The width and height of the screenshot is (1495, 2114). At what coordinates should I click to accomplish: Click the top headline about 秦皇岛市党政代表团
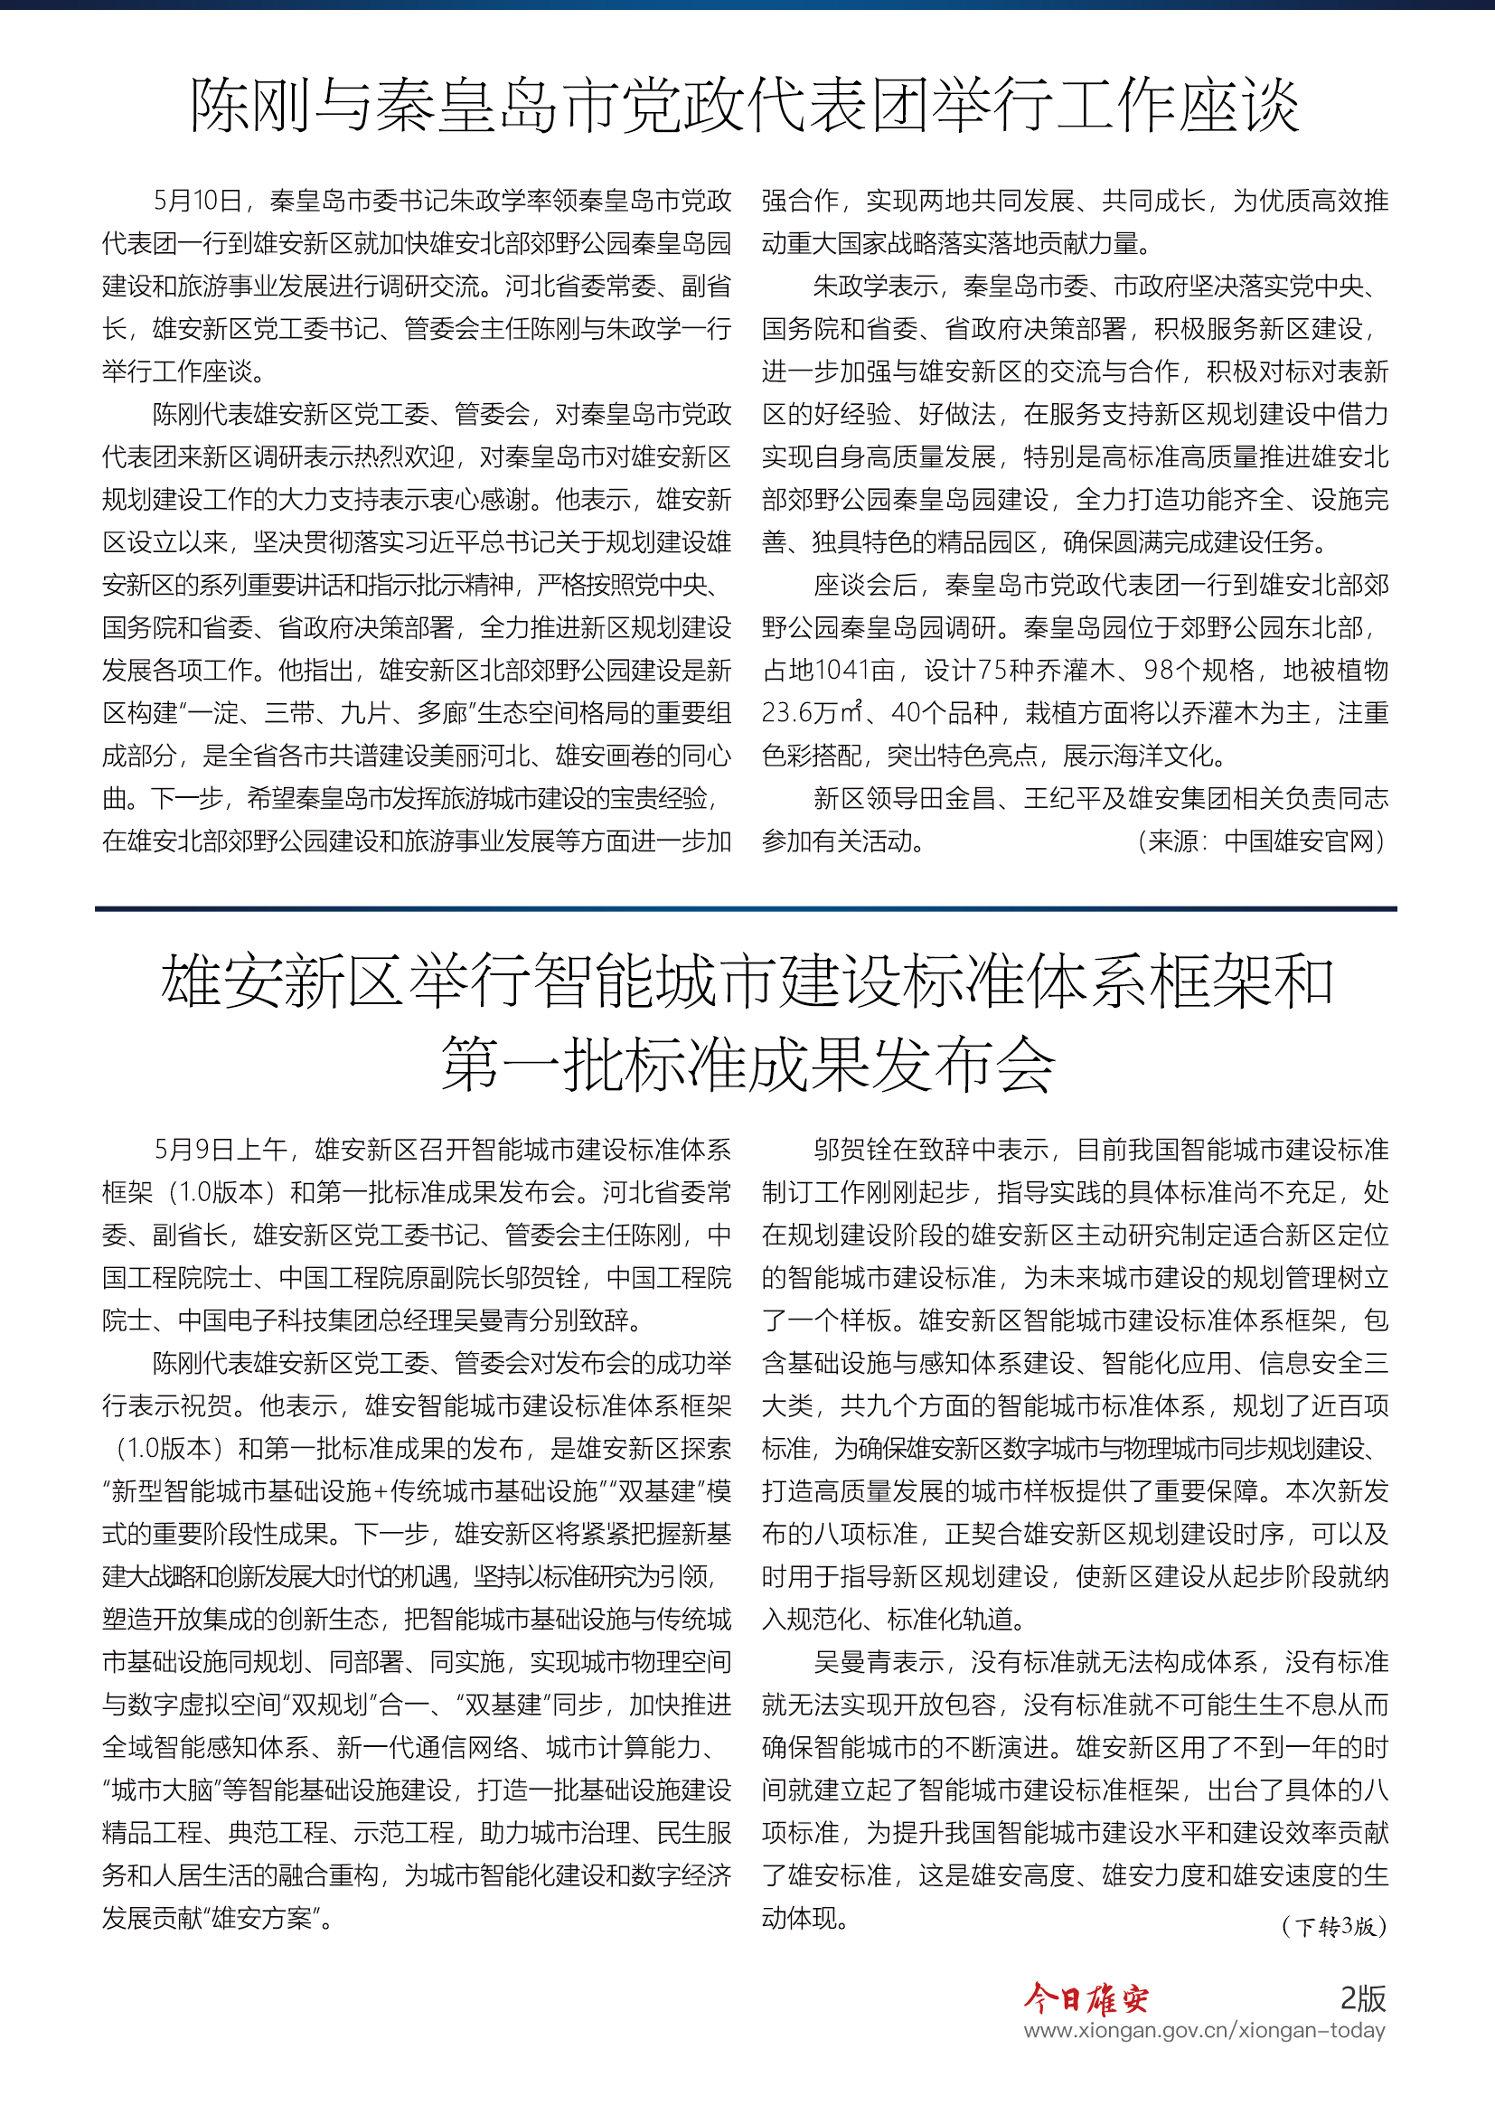click(x=745, y=105)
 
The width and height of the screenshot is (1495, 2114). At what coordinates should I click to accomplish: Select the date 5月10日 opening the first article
click(x=197, y=201)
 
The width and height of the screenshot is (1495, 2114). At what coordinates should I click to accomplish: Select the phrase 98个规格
click(x=1199, y=671)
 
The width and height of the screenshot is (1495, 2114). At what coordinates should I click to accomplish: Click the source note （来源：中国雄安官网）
click(x=1261, y=841)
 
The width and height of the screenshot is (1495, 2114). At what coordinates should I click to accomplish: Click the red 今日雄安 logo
click(x=1086, y=1998)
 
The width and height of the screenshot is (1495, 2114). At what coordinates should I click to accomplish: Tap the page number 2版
click(x=1362, y=1998)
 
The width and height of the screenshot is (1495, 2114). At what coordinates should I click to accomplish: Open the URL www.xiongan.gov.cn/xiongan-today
click(x=1204, y=2030)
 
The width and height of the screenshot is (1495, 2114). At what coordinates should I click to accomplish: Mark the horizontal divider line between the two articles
click(x=746, y=908)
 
